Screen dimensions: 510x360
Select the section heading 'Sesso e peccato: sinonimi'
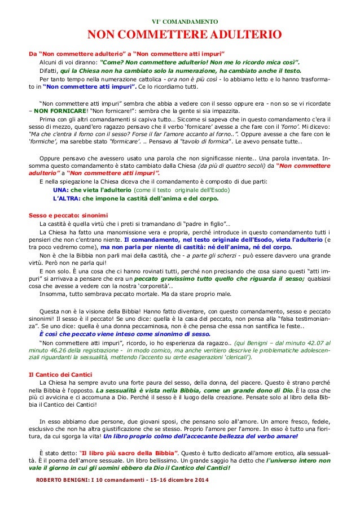[68, 215]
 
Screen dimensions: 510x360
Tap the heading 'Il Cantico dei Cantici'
[62, 358]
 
